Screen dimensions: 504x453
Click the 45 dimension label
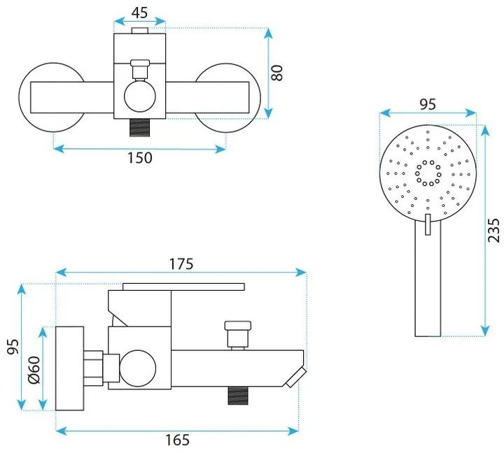point(140,13)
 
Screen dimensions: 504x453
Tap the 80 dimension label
point(276,73)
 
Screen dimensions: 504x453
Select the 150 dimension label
point(140,157)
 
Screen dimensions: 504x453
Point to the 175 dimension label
point(181,264)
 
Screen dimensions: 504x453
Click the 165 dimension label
point(177,440)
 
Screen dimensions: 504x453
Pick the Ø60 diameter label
point(34,370)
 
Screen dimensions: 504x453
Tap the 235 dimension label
point(493,230)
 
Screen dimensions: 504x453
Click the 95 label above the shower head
point(428,104)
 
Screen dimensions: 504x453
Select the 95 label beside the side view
point(13,347)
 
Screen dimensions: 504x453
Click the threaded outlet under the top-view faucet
point(140,128)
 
